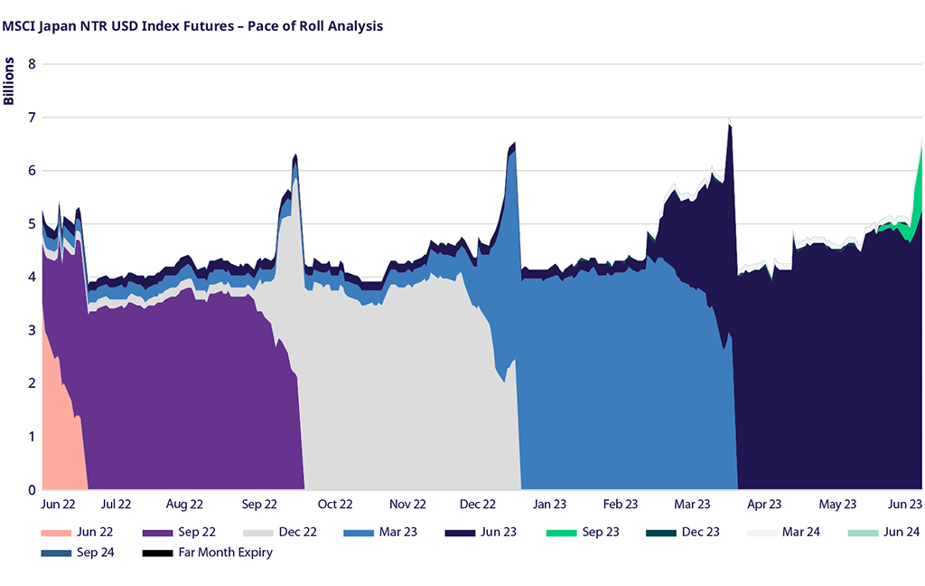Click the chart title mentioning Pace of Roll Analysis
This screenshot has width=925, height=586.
tap(192, 26)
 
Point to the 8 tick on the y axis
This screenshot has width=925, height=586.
tap(32, 64)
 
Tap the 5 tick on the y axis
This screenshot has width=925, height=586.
tap(32, 223)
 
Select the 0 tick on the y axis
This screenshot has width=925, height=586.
tap(32, 489)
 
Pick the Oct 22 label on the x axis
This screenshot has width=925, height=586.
tap(333, 505)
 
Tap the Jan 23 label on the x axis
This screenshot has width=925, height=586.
tap(549, 505)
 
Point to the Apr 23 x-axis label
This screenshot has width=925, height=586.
tap(763, 505)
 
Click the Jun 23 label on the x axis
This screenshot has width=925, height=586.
tap(903, 505)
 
